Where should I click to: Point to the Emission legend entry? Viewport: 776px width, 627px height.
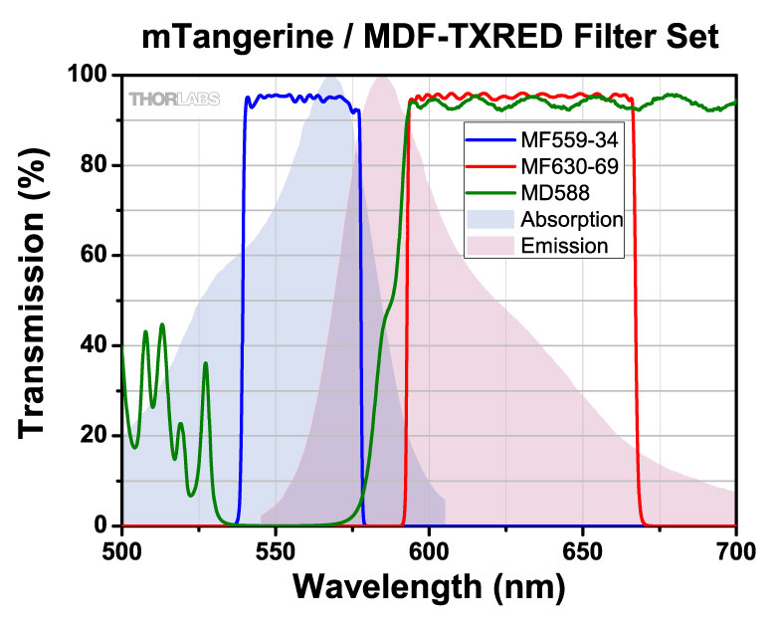coord(564,245)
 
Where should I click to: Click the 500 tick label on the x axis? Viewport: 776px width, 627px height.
coord(122,547)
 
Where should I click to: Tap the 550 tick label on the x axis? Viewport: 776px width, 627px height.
coord(276,547)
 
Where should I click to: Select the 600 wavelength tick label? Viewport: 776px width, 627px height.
coord(429,547)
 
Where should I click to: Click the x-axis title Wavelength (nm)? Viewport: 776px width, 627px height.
coord(428,587)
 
